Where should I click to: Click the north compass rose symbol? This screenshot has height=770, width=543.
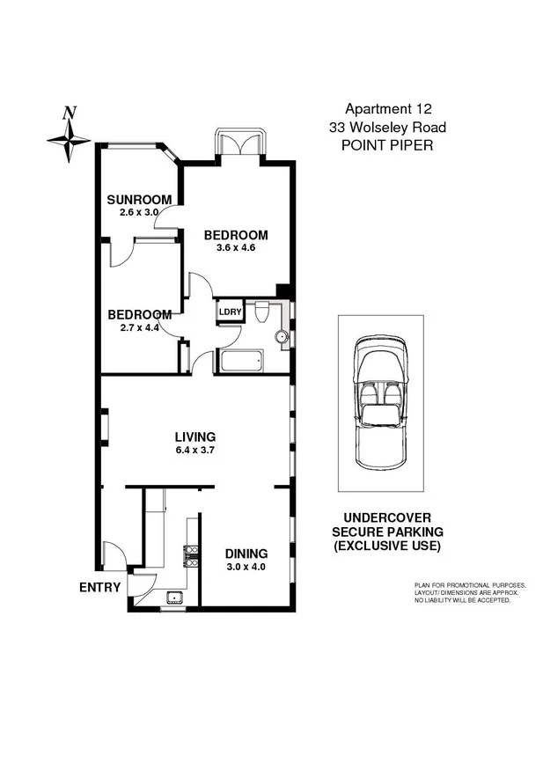tap(69, 137)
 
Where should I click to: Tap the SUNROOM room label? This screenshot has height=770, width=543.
tap(134, 199)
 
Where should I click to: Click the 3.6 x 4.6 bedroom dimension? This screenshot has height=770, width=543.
tap(236, 248)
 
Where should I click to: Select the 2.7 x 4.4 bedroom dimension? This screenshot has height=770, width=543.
tap(140, 328)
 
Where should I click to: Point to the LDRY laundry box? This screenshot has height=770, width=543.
tap(230, 311)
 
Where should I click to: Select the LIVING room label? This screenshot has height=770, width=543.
tap(194, 436)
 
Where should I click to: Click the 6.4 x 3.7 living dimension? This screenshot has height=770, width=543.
tap(194, 450)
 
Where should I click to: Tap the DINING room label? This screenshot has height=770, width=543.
tap(246, 554)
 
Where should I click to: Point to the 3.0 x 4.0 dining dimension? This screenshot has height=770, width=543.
tap(246, 567)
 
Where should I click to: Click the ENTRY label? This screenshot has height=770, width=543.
tap(99, 587)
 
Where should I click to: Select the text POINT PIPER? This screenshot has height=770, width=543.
tap(386, 144)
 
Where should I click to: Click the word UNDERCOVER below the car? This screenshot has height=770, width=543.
tap(387, 519)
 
